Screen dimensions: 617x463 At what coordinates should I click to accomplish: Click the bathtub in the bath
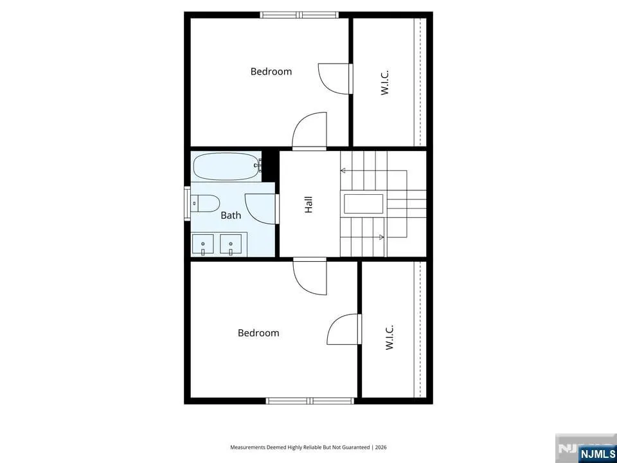click(227, 166)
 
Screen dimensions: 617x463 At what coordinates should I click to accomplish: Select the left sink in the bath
click(202, 244)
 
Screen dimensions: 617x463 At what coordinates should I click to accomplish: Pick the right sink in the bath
click(231, 244)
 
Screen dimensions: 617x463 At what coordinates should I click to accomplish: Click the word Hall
click(308, 204)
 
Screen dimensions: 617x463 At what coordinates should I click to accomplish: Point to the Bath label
click(231, 215)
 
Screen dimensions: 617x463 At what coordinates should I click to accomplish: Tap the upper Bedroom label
click(271, 71)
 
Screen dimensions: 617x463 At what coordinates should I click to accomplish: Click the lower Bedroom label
click(258, 332)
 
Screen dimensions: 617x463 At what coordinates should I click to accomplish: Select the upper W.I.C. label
click(385, 82)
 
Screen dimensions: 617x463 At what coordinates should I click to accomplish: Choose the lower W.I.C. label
click(389, 338)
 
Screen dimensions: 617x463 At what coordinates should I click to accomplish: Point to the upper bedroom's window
click(299, 15)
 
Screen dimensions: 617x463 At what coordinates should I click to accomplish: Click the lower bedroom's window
click(310, 401)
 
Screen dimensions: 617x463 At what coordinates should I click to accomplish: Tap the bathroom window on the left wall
click(187, 203)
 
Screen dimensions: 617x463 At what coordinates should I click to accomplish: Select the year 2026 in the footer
click(381, 448)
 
